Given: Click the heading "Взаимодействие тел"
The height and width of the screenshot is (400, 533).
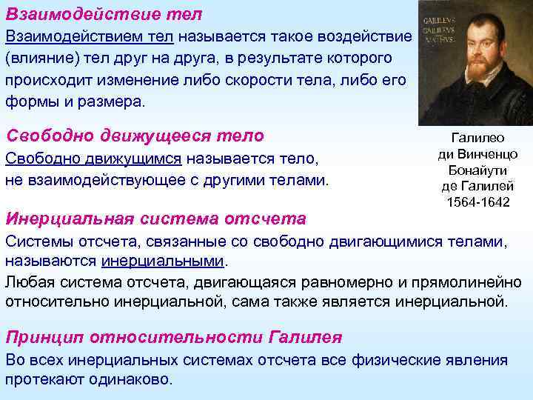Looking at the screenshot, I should click(x=104, y=14).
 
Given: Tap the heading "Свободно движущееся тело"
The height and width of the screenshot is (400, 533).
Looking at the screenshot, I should click(x=135, y=136).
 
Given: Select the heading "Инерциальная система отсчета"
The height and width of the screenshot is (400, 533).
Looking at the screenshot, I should click(x=155, y=219).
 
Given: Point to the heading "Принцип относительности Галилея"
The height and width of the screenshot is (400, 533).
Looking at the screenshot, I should click(x=174, y=337).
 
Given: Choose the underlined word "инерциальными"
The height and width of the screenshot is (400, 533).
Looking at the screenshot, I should click(x=163, y=261).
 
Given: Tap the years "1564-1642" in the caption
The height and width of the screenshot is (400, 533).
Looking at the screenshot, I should click(x=478, y=201).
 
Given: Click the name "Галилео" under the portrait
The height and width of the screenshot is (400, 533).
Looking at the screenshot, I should click(x=478, y=138).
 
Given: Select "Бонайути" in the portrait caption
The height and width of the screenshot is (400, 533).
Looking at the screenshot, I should click(x=478, y=170).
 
